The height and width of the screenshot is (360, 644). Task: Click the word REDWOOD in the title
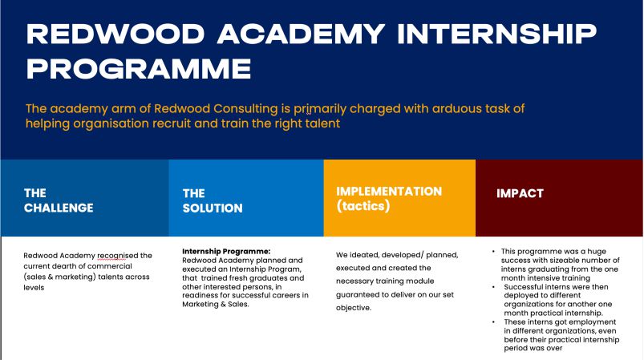click(115, 34)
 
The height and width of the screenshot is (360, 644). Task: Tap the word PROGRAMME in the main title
click(139, 68)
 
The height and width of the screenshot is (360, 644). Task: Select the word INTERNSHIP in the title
click(497, 34)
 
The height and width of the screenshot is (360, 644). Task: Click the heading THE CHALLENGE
click(59, 200)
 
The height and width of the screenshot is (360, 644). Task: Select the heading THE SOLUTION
click(213, 200)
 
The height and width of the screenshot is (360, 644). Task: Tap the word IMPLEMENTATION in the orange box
click(389, 192)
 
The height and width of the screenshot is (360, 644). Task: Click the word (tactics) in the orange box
click(363, 205)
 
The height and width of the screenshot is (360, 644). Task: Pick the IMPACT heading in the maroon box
click(520, 193)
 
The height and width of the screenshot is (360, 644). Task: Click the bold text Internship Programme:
click(226, 251)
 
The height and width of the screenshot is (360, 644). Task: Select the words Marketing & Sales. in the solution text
click(216, 304)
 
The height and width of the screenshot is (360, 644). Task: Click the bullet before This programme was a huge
click(494, 251)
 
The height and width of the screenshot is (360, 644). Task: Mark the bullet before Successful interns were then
click(494, 287)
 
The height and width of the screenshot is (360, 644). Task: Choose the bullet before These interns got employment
click(494, 322)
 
